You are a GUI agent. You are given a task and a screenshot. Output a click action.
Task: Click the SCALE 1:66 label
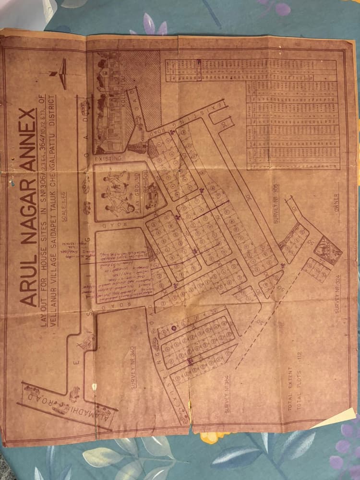pyautogui.click(x=66, y=206)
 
